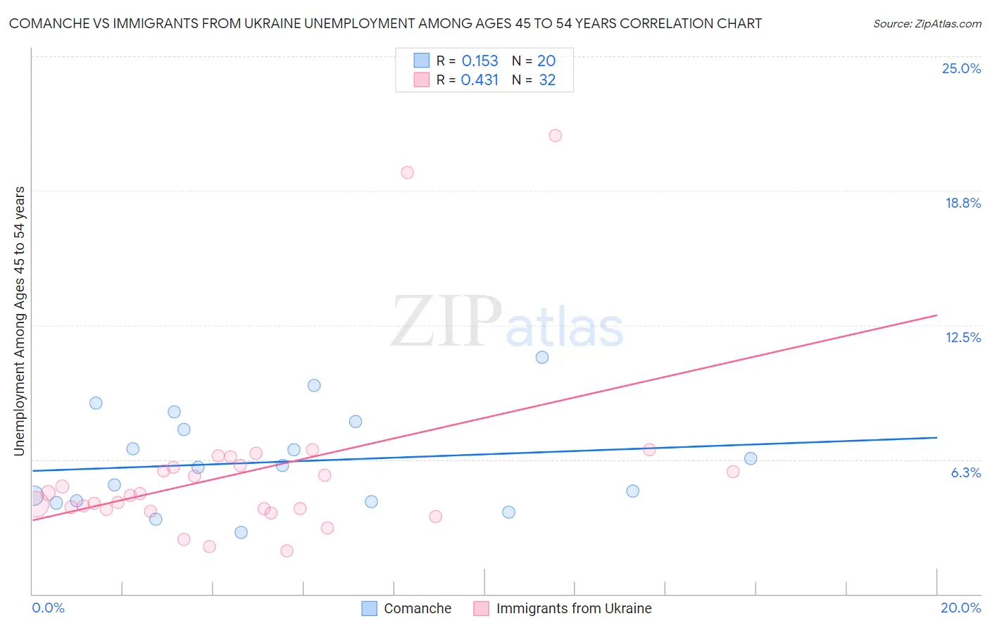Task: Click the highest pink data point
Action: [x=555, y=136]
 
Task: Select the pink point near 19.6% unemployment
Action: [x=407, y=172]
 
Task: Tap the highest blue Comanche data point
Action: [x=542, y=357]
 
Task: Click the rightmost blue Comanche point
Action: [x=751, y=458]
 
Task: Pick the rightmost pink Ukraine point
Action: [x=733, y=472]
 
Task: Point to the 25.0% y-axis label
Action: [x=961, y=68]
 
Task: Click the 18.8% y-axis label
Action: [x=963, y=203]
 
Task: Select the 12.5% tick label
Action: [x=963, y=337]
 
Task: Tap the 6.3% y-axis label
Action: [x=965, y=472]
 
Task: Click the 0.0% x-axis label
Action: [x=48, y=608]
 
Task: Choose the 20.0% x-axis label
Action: [x=960, y=608]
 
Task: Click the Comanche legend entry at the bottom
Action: [x=417, y=608]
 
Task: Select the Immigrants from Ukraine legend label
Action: [x=573, y=608]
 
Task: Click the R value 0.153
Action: [x=480, y=61]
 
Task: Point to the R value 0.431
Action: [x=480, y=80]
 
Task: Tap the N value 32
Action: [x=547, y=80]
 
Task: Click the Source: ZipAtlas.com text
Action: [x=927, y=24]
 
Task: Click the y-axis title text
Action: [x=20, y=321]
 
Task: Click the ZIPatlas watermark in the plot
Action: [x=507, y=322]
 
